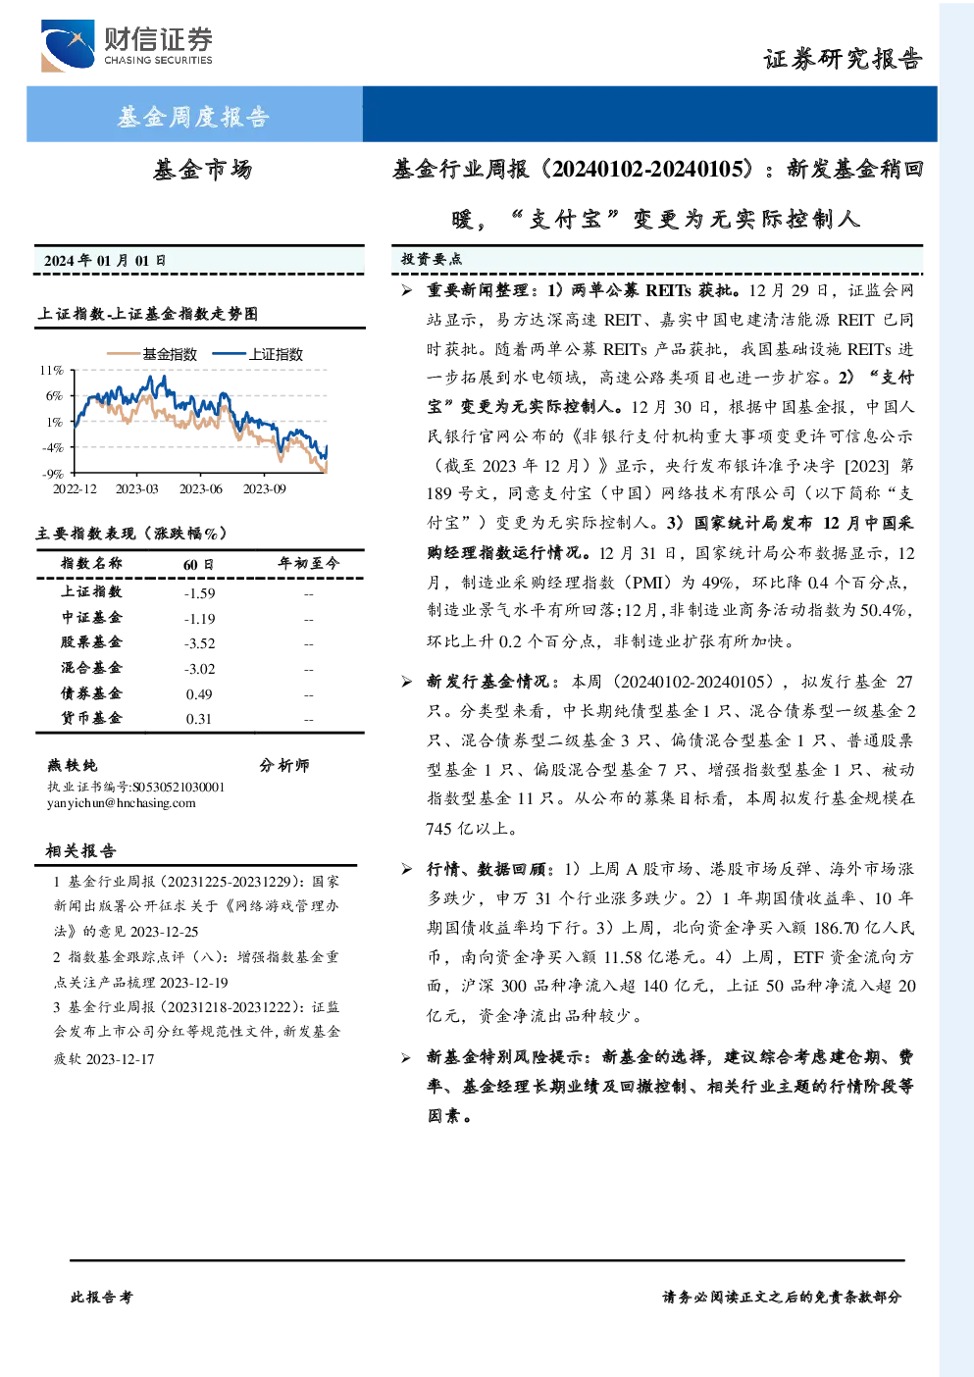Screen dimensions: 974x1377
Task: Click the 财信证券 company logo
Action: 127,45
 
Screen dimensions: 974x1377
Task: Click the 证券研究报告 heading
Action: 843,59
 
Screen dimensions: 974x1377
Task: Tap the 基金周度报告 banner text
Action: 193,116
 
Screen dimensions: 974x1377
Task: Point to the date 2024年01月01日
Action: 105,261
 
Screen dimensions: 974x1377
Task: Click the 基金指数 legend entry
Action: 152,354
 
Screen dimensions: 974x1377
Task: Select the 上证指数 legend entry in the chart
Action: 258,354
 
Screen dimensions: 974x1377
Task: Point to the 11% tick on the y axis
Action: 52,370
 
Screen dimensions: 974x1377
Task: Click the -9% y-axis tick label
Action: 53,474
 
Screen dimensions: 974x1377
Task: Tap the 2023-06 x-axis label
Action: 200,488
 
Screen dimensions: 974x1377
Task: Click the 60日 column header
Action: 198,564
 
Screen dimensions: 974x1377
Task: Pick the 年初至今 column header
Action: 308,563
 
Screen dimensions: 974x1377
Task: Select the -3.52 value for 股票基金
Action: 199,643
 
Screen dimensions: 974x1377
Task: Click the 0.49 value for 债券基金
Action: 198,694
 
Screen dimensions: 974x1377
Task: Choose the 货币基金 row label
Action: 91,718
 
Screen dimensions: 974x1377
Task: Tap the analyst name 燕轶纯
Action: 72,765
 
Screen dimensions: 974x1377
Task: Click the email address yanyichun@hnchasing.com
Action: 121,803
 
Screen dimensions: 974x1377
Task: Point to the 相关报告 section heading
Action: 80,850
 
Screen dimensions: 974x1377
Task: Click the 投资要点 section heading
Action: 432,259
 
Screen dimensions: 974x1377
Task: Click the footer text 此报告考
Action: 101,1298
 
